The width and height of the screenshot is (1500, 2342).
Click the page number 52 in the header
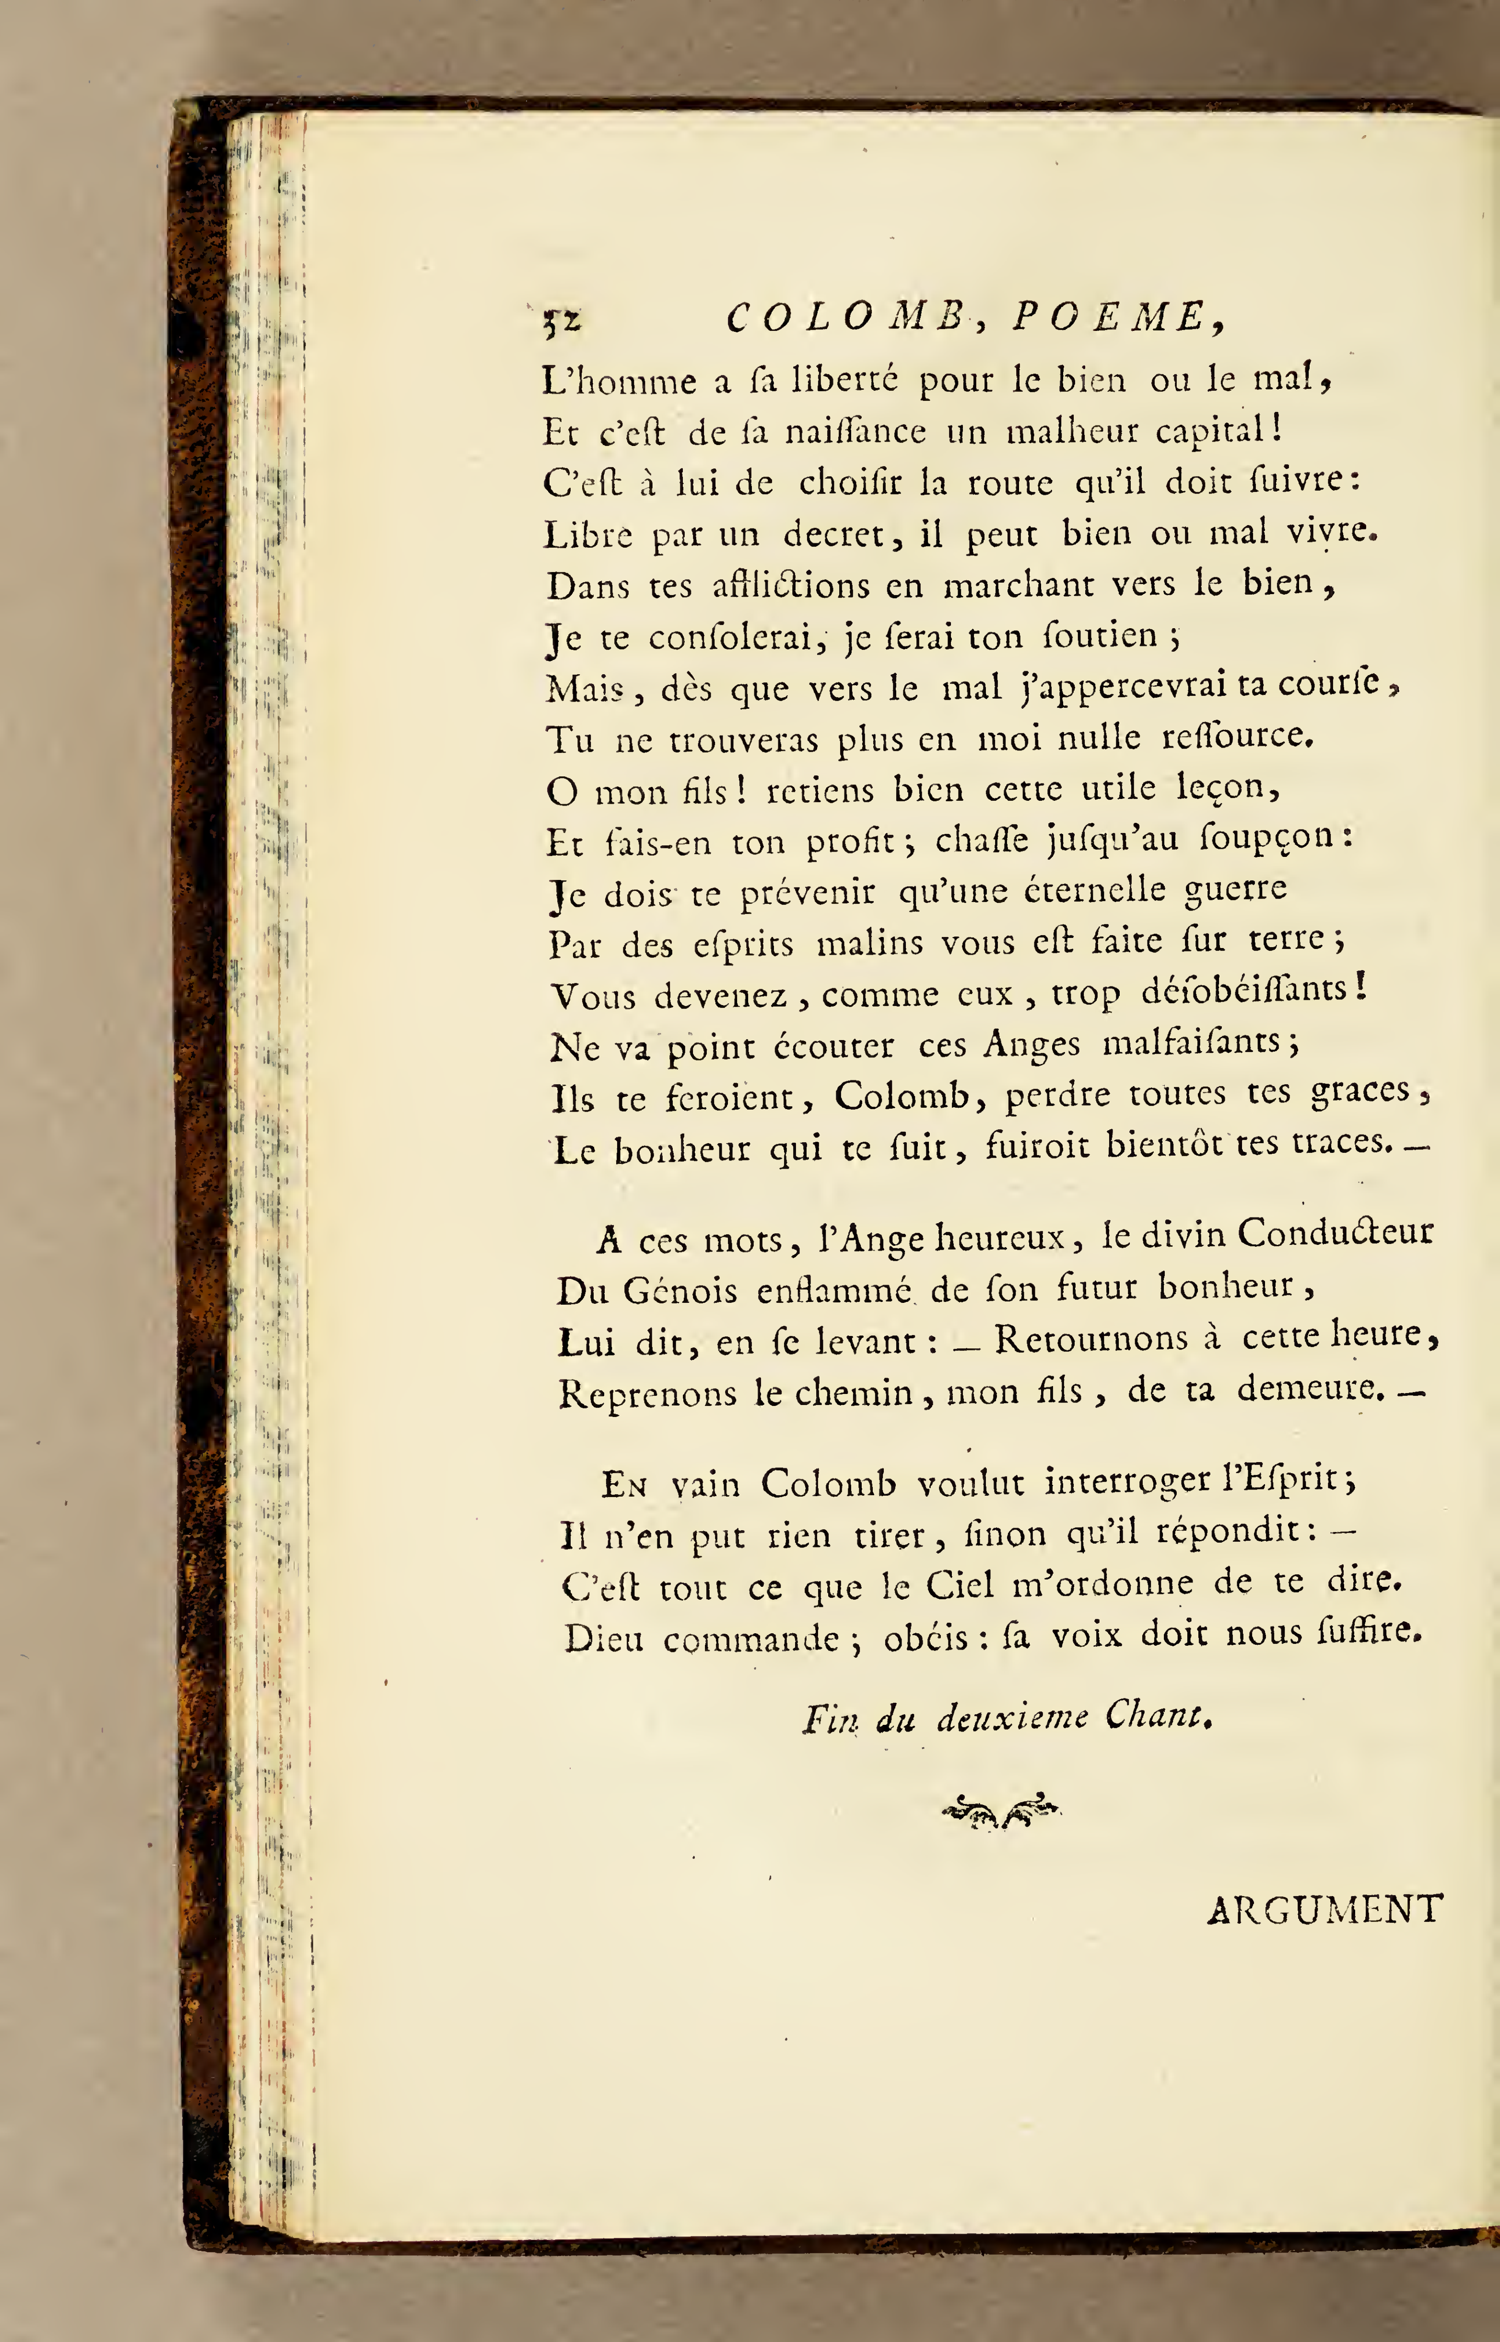[x=562, y=320]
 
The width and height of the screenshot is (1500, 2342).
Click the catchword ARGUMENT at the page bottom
[x=1323, y=1909]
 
